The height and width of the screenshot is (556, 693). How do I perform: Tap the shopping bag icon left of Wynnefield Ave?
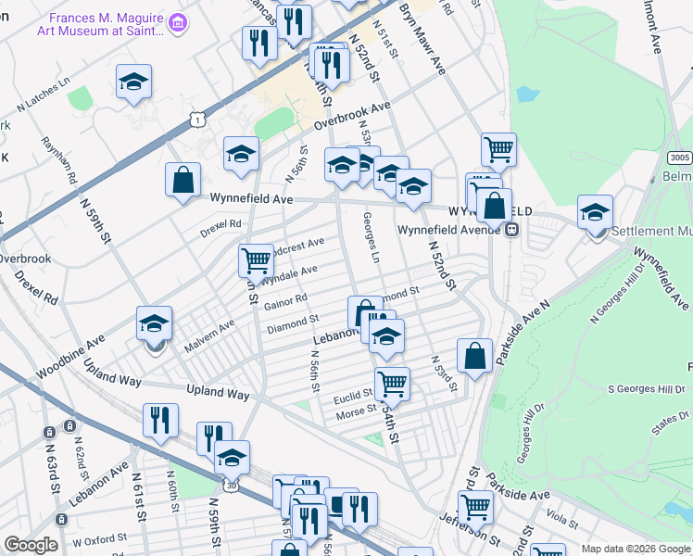(x=183, y=180)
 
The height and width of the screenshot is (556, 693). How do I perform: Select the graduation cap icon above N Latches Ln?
(x=133, y=81)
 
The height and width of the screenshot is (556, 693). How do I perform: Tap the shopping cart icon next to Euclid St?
(x=392, y=383)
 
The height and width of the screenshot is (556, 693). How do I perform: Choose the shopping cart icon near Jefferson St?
(x=475, y=506)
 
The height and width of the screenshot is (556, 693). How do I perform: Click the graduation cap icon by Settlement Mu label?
(x=595, y=211)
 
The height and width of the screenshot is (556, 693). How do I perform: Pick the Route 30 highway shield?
(x=229, y=484)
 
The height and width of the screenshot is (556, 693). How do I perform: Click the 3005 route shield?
(x=679, y=158)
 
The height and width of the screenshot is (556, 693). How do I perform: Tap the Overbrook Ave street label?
(x=353, y=116)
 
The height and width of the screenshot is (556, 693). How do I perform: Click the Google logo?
(x=31, y=546)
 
